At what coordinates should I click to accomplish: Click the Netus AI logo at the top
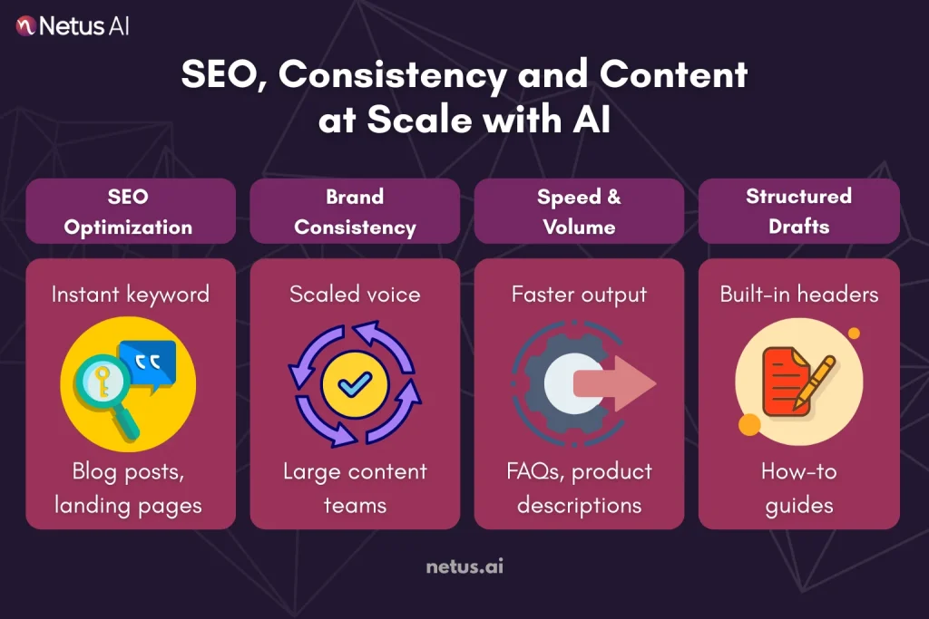[73, 26]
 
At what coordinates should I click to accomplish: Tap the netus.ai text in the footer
[464, 567]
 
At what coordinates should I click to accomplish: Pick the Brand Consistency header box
[355, 211]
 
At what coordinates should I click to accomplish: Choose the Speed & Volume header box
[579, 211]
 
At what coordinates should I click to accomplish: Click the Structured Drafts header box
[798, 210]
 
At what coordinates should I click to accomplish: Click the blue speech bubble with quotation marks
[147, 361]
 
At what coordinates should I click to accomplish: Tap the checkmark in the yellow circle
[355, 385]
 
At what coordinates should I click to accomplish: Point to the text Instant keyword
[130, 294]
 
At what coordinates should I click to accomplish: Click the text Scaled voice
[355, 294]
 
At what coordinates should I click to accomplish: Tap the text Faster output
[579, 294]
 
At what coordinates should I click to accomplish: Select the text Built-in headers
[798, 294]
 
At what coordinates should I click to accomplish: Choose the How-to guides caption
[798, 488]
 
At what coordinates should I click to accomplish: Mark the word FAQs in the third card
[540, 472]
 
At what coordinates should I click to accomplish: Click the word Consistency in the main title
[393, 74]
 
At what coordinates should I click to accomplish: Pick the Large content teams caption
[355, 488]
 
